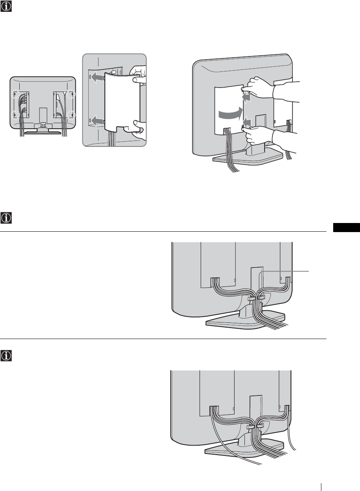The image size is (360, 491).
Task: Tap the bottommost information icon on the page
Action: [x=7, y=356]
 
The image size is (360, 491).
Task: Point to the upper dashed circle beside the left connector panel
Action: [x=15, y=94]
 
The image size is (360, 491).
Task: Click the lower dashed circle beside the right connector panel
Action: [x=71, y=115]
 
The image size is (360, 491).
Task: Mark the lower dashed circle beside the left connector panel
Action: [x=15, y=115]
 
